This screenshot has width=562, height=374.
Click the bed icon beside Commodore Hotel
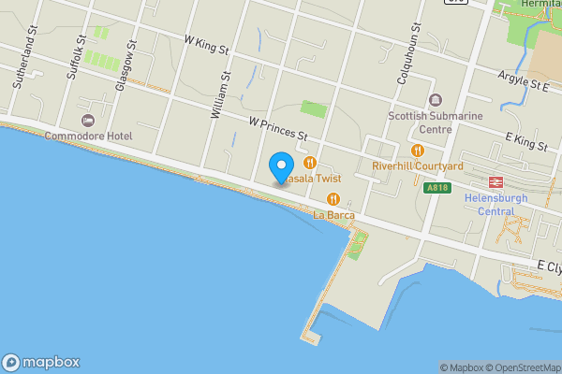pyautogui.click(x=88, y=120)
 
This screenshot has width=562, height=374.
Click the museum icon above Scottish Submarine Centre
pyautogui.click(x=434, y=100)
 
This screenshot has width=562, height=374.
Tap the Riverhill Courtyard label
pyautogui.click(x=418, y=165)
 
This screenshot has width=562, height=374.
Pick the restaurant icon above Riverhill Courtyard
pyautogui.click(x=418, y=150)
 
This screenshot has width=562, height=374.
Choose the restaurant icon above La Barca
pyautogui.click(x=333, y=198)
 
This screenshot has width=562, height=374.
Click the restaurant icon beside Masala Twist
pyautogui.click(x=310, y=162)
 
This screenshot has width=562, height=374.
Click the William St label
pyautogui.click(x=219, y=94)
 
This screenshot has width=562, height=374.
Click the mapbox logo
pyautogui.click(x=41, y=362)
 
